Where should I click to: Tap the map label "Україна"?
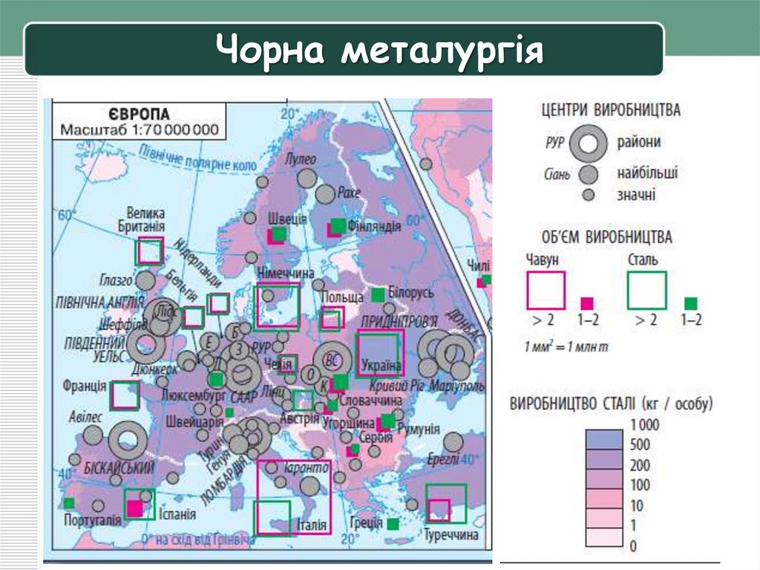(381, 366)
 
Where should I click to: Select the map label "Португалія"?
(94, 519)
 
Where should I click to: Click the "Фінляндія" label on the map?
(375, 226)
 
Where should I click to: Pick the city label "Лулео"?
(300, 159)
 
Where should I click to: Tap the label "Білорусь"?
(410, 293)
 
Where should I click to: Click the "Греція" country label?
(367, 522)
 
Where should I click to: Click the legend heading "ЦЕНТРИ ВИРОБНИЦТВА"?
(611, 110)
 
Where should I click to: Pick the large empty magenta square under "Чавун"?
(546, 290)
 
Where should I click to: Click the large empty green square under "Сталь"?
(646, 290)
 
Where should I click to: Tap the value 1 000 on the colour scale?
(643, 426)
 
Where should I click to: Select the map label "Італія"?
(311, 525)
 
